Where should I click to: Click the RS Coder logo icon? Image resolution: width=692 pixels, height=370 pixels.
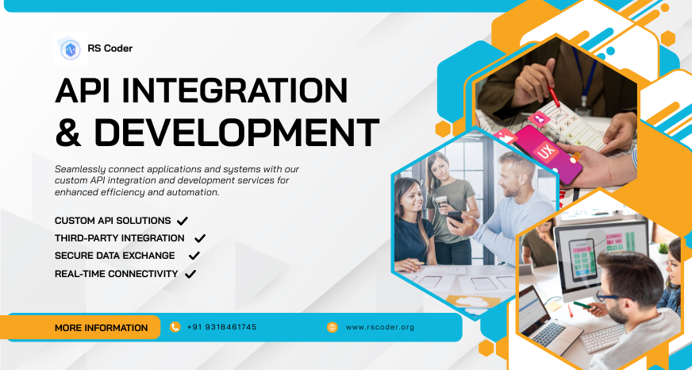pos(70,49)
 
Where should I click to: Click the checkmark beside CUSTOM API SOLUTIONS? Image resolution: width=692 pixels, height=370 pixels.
pos(183,220)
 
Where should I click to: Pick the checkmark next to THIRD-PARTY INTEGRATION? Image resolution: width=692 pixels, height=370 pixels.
pos(200,238)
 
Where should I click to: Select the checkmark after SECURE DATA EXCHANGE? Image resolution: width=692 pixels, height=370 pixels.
pos(194,256)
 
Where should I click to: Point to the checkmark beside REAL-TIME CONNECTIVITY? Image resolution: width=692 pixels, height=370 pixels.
pos(190,274)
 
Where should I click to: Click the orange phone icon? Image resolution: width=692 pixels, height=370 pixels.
pos(175,327)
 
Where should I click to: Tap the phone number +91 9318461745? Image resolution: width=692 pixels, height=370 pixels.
pos(222,327)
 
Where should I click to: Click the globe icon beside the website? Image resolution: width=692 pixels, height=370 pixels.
pos(333,327)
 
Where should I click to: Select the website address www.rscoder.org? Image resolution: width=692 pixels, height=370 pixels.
pos(380,327)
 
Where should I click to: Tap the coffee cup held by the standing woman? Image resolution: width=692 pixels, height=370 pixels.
pos(441,202)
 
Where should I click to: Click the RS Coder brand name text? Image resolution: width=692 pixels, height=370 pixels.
pos(110,48)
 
